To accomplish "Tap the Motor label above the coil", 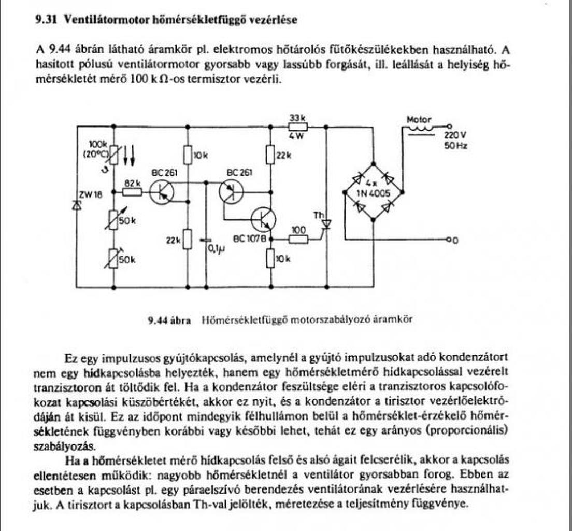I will (419, 119).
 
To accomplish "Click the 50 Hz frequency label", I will (455, 146).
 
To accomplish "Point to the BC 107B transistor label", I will (246, 239).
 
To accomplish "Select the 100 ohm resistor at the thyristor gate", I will (299, 240).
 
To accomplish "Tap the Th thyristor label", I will (318, 214).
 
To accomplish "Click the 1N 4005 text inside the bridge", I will (373, 193).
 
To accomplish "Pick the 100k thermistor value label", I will (98, 144).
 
